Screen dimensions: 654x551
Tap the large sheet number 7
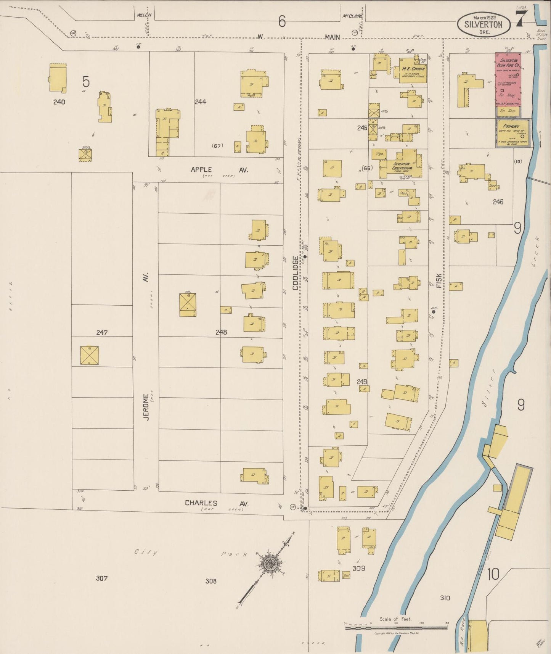[x=521, y=18]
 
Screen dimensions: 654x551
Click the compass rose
[x=270, y=562]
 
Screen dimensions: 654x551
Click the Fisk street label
[x=439, y=280]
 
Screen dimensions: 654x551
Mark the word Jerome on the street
[x=146, y=407]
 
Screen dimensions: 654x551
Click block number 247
[x=101, y=333]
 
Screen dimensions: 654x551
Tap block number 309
[x=359, y=569]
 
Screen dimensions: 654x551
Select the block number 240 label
[x=59, y=102]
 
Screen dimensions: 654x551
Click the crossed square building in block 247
[x=89, y=355]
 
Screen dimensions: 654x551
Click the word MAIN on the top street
[x=332, y=37]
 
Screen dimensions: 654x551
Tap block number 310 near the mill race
[x=445, y=598]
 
